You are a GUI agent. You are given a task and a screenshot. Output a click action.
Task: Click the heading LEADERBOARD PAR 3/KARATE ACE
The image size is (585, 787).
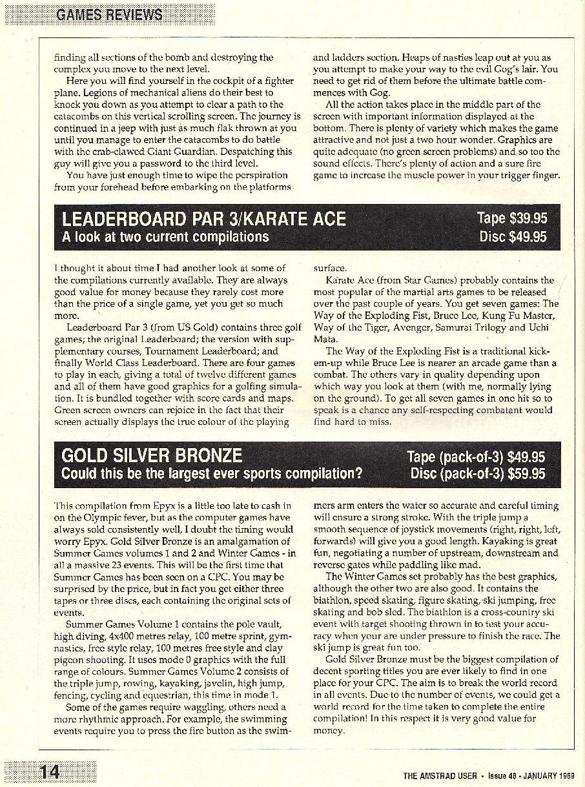point(204,219)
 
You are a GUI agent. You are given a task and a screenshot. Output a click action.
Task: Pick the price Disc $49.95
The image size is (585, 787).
point(513,237)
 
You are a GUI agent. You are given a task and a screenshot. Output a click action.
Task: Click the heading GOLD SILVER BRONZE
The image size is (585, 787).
point(152,456)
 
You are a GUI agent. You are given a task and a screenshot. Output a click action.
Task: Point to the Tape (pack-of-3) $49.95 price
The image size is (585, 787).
point(476,457)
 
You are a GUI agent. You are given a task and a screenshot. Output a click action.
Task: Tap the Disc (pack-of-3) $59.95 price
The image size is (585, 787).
point(478,474)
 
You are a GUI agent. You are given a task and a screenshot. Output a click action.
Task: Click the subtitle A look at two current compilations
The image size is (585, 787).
point(165,237)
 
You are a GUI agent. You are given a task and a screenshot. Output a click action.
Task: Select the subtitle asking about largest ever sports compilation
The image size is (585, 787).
point(212,474)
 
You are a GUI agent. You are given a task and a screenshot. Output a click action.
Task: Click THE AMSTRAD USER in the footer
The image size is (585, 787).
point(440,775)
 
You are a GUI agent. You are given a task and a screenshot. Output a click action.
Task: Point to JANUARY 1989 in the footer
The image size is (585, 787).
point(548,775)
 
